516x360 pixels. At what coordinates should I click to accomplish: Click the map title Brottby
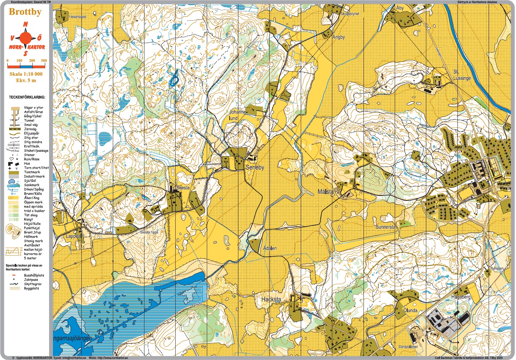(25, 12)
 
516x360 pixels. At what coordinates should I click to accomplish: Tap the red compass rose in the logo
(25, 38)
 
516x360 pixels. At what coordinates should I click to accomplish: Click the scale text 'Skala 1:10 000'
(26, 74)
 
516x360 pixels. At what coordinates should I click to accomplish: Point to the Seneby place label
(255, 168)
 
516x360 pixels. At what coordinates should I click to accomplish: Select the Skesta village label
(183, 188)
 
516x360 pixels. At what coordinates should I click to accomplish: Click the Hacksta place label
(271, 299)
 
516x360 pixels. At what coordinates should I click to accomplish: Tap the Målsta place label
(325, 192)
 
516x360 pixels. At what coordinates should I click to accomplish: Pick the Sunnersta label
(385, 227)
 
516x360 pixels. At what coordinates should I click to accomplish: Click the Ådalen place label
(270, 248)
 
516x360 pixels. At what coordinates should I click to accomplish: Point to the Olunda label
(410, 310)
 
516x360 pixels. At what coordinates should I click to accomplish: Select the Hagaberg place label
(461, 297)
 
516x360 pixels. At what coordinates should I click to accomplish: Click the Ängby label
(338, 37)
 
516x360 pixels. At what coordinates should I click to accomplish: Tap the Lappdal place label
(73, 236)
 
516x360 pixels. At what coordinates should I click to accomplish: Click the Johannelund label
(237, 115)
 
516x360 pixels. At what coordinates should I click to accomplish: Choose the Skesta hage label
(149, 232)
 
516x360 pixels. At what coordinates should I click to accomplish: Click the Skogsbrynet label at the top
(349, 14)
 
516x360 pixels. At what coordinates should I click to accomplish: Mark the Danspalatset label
(408, 347)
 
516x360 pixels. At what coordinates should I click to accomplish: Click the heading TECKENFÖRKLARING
(27, 97)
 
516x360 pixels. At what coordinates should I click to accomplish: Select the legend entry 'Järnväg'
(30, 129)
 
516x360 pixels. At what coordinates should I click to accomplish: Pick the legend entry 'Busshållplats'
(34, 275)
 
